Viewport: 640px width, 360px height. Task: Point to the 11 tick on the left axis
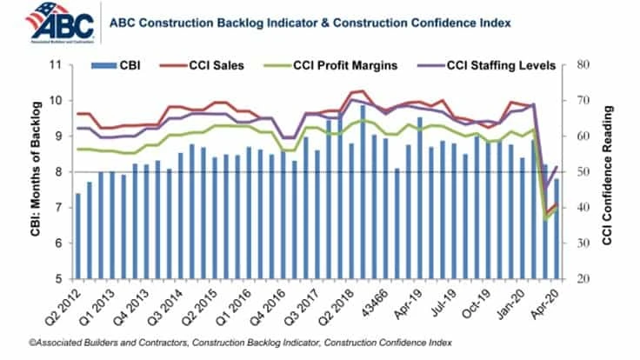click(57, 65)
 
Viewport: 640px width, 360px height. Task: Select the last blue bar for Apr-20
click(555, 229)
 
